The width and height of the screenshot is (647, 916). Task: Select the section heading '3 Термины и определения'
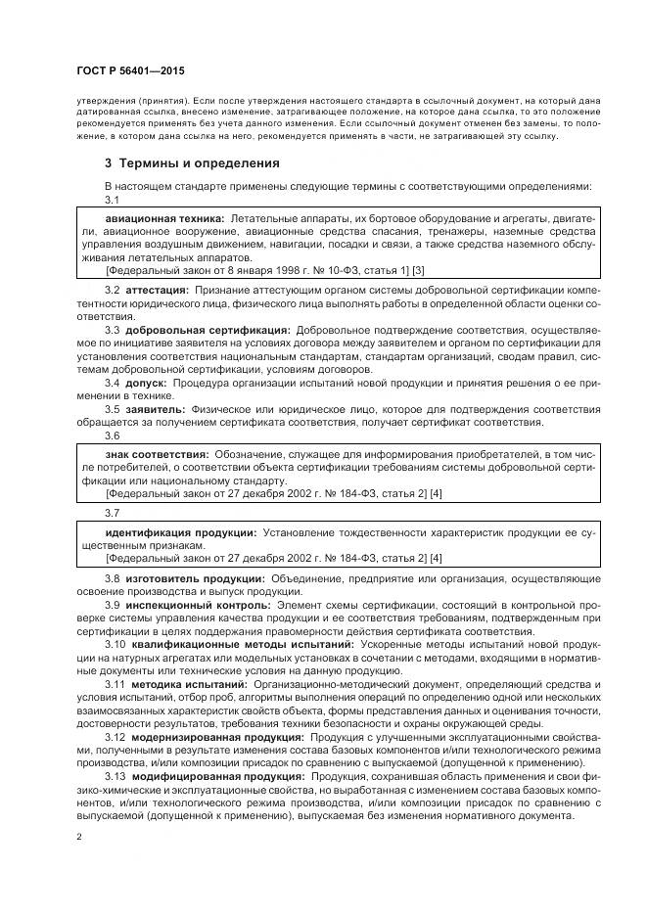tap(192, 162)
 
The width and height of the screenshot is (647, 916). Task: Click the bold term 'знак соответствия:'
tap(157, 455)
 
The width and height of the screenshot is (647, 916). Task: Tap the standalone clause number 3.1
tap(112, 199)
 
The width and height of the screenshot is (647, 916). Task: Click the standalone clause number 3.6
tap(112, 435)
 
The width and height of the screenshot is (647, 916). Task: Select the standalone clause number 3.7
tap(112, 513)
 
